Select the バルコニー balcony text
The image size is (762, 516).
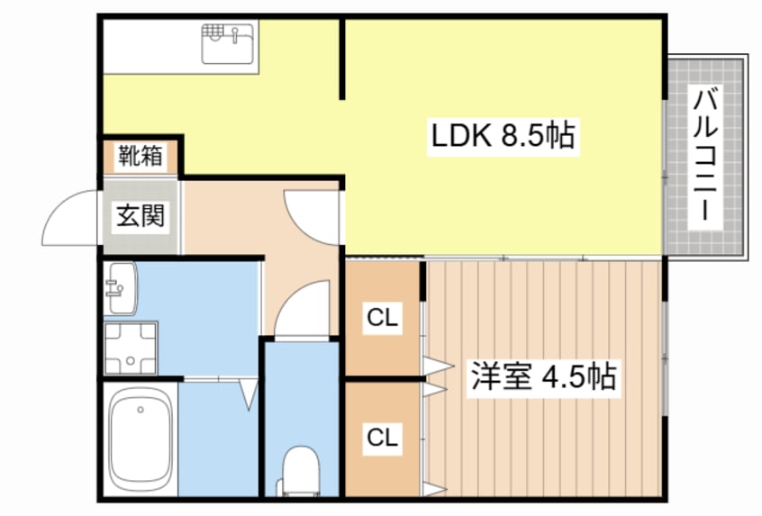(704, 157)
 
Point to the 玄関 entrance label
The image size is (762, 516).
(141, 216)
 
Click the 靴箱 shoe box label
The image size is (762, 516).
(141, 156)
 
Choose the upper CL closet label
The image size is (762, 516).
(382, 317)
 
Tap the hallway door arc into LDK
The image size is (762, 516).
(306, 213)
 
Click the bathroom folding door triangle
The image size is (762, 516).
(249, 394)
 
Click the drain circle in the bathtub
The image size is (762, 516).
(141, 411)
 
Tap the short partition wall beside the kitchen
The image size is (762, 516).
(342, 59)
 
